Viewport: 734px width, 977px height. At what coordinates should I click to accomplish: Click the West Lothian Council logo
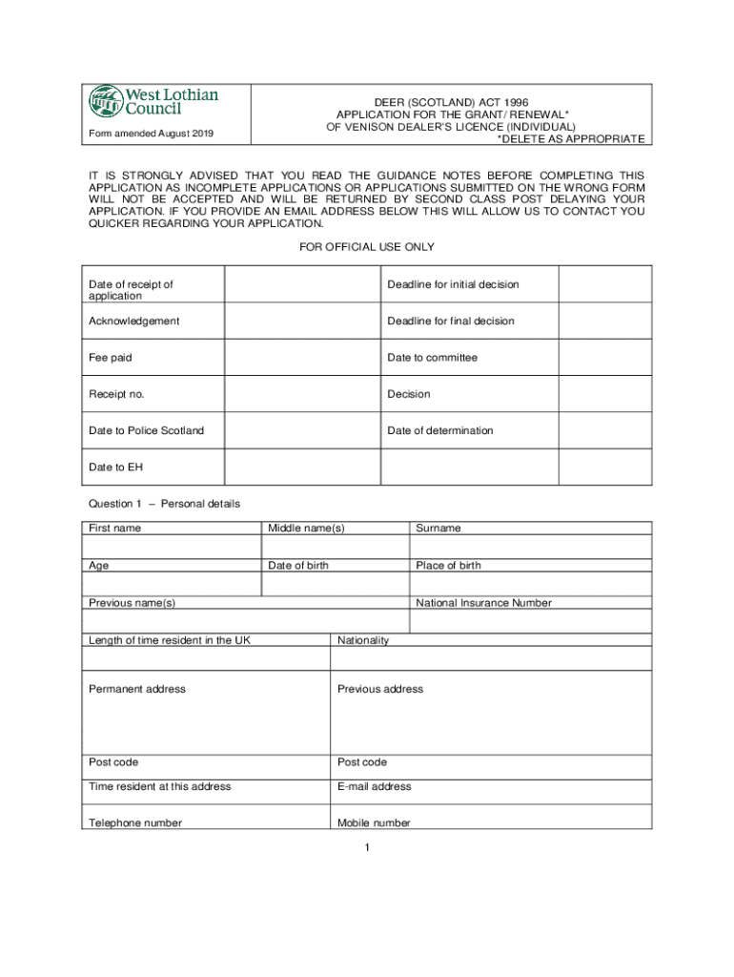click(x=153, y=100)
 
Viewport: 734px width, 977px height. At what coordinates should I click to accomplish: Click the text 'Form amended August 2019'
click(x=151, y=133)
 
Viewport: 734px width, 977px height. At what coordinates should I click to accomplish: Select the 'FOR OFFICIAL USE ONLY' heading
click(x=367, y=247)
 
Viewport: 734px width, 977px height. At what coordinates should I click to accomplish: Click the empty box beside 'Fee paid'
click(x=301, y=358)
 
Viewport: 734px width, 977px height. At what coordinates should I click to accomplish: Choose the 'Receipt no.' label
click(x=117, y=394)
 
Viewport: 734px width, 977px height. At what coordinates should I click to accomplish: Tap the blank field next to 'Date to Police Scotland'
click(x=301, y=430)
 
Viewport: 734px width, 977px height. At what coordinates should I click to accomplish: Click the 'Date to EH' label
click(x=115, y=467)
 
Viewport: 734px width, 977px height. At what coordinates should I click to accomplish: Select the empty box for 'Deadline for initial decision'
click(x=604, y=284)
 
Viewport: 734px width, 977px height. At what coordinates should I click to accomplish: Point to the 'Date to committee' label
click(x=432, y=358)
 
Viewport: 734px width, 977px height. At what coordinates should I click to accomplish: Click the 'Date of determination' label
click(x=439, y=430)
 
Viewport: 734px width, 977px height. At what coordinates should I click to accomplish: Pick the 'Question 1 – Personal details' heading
click(x=164, y=504)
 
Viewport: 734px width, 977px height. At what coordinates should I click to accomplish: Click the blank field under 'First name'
click(x=172, y=547)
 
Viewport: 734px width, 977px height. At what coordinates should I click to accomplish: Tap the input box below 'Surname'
click(x=530, y=547)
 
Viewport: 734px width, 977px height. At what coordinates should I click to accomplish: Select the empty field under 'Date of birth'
click(x=335, y=584)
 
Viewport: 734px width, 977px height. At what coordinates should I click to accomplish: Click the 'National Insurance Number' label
click(x=483, y=603)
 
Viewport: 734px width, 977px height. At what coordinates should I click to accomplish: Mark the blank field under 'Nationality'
click(x=491, y=658)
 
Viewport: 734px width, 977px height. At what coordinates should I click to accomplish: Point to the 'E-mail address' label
click(x=375, y=786)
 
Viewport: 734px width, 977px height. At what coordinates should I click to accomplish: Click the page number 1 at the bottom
click(x=366, y=847)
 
